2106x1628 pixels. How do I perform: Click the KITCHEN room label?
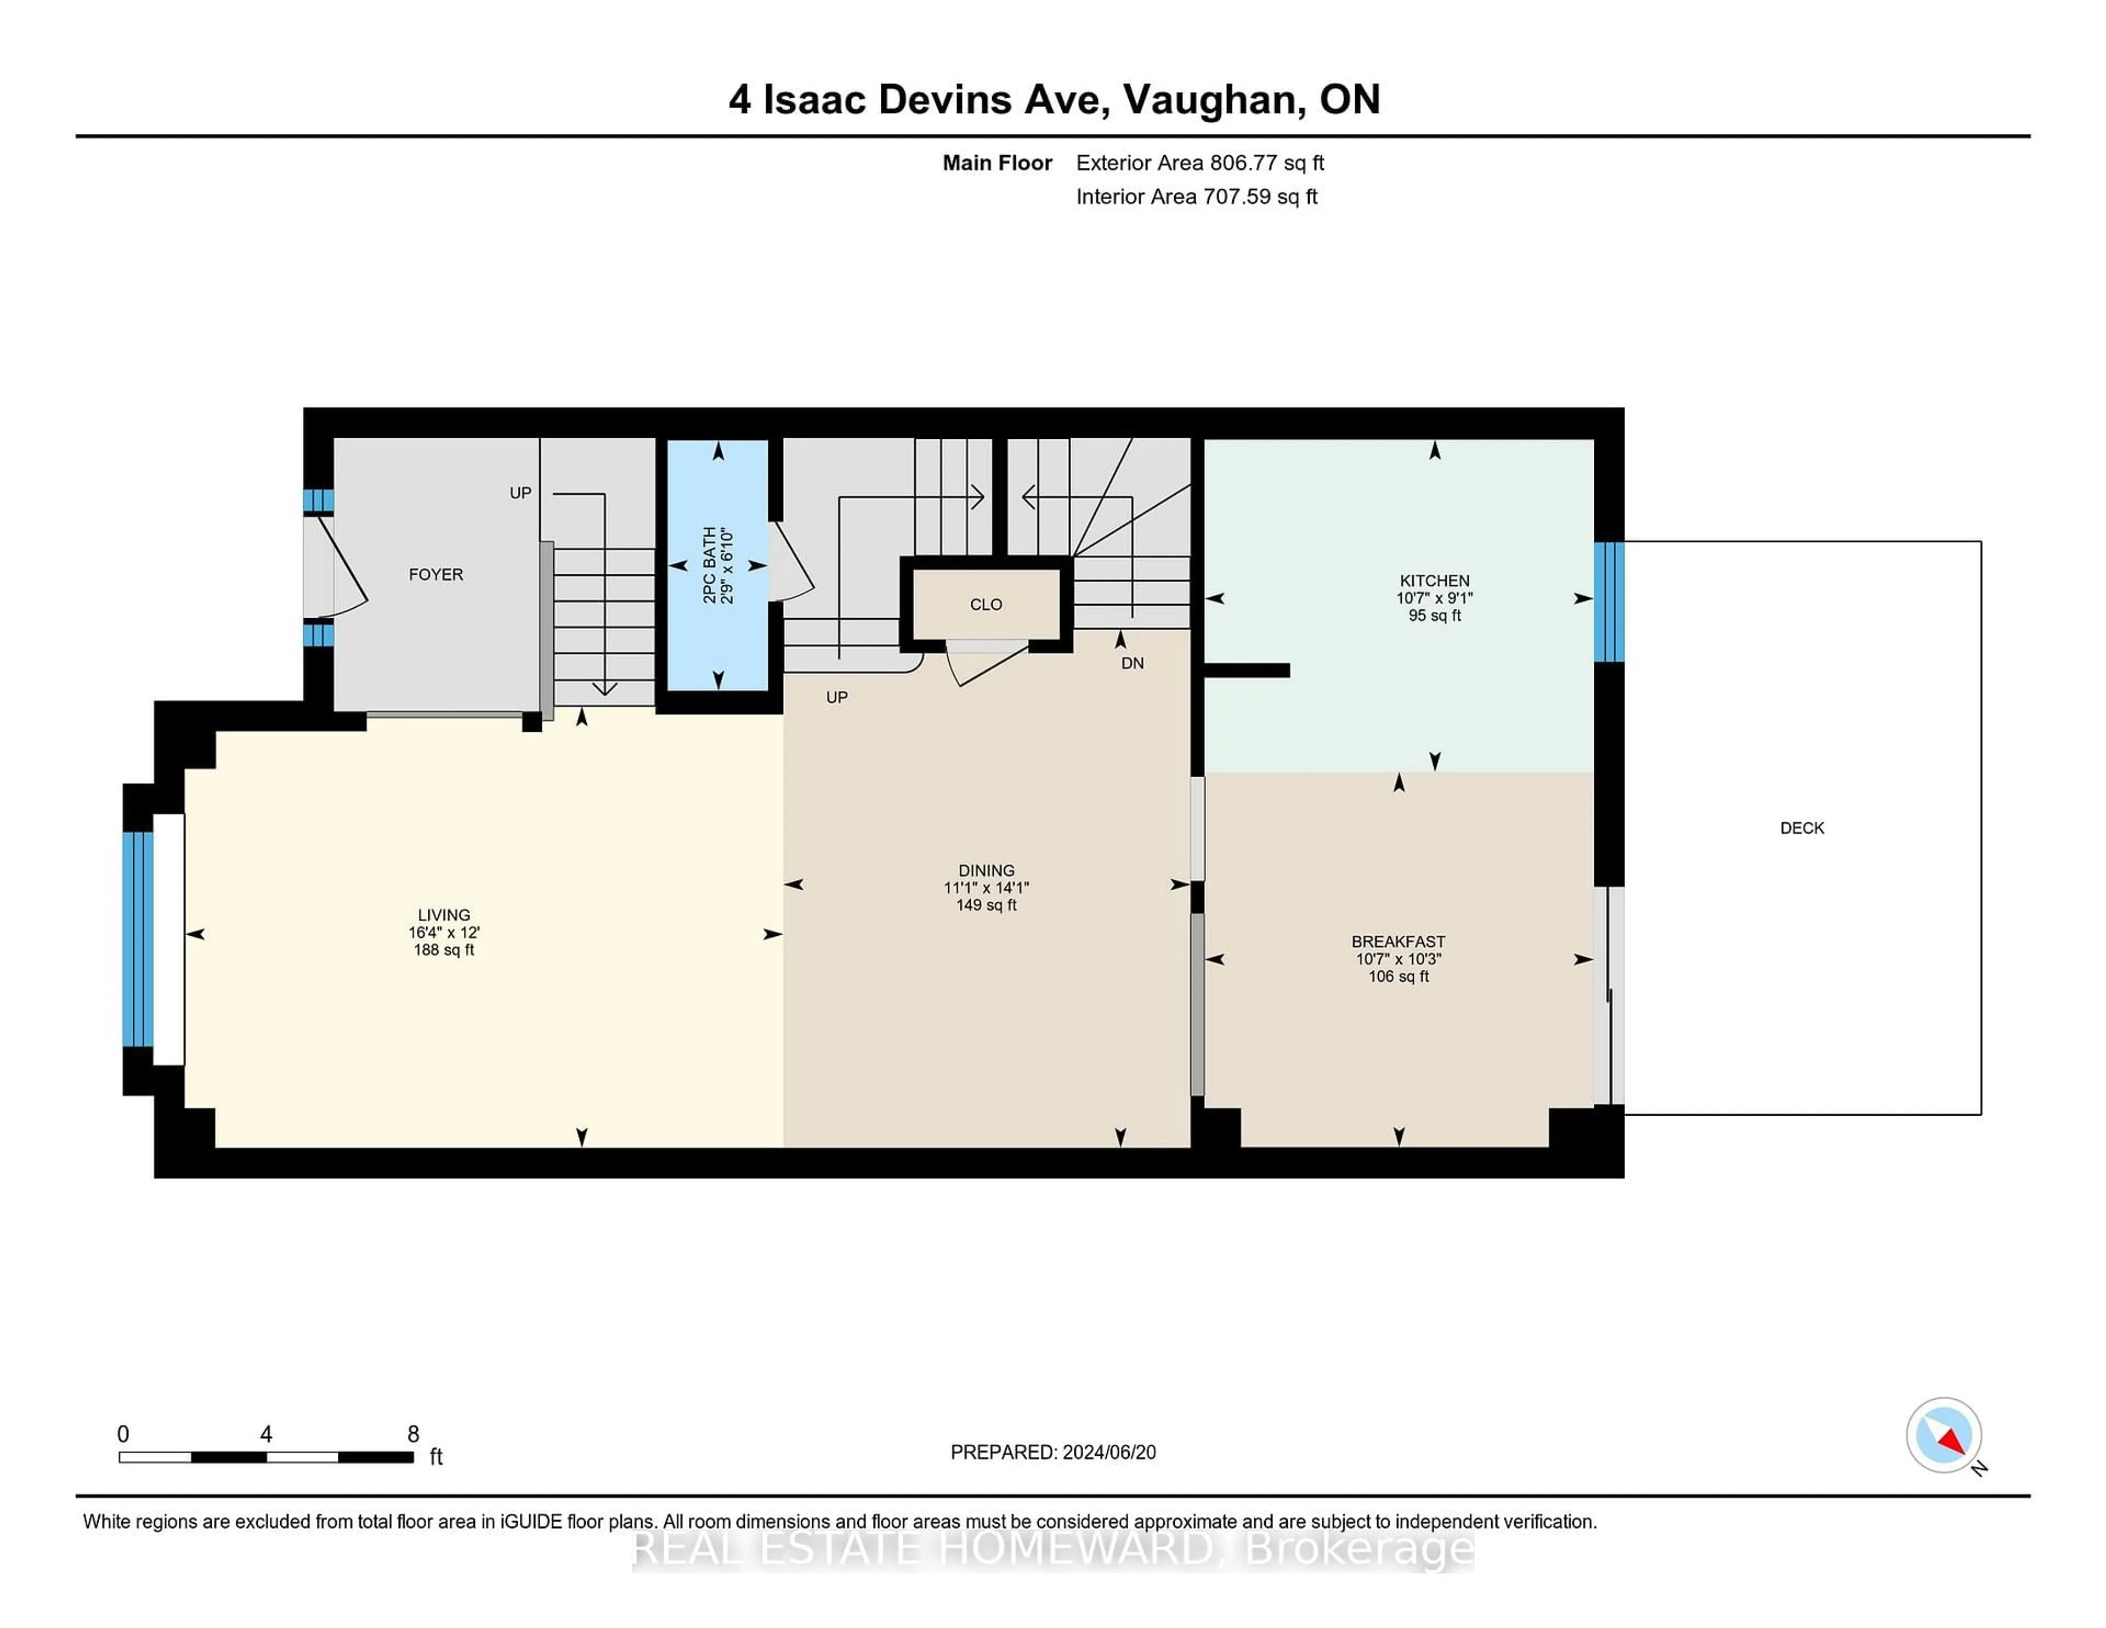tap(1434, 580)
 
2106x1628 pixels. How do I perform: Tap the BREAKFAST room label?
tap(1397, 941)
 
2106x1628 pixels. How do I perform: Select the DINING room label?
tap(986, 870)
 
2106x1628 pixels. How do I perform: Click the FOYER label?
tap(436, 575)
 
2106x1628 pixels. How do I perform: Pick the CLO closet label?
tap(986, 604)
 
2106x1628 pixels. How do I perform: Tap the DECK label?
tap(1801, 828)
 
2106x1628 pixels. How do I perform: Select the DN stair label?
tap(1132, 664)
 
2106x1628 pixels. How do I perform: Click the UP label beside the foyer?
tap(520, 493)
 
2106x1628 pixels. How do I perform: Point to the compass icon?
tap(1943, 1435)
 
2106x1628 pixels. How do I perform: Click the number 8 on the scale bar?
tap(413, 1434)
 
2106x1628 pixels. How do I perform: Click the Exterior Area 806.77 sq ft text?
tap(1199, 163)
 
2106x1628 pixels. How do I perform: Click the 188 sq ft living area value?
tap(444, 950)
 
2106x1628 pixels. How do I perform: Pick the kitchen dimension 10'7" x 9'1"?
tap(1434, 598)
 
